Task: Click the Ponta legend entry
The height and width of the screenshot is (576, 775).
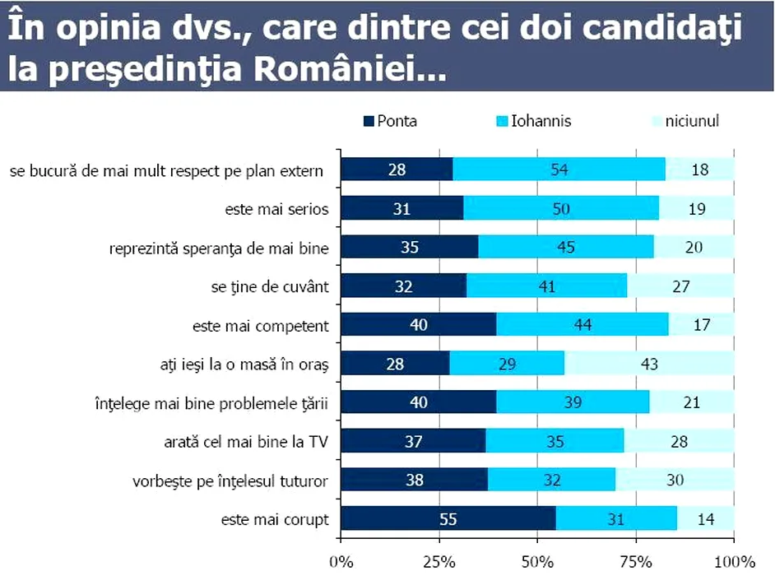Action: click(x=390, y=122)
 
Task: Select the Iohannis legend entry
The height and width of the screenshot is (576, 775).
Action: click(x=533, y=122)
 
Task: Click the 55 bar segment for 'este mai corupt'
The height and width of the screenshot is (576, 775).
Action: click(x=448, y=519)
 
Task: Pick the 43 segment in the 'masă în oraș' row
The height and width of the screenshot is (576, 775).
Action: click(x=649, y=364)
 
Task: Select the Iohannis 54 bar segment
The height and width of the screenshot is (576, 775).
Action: click(x=559, y=170)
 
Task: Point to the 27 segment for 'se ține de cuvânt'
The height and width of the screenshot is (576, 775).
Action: click(x=680, y=286)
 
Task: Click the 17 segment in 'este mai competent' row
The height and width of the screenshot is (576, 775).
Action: click(x=701, y=325)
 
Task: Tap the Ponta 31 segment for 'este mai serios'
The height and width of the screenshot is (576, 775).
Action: click(x=401, y=209)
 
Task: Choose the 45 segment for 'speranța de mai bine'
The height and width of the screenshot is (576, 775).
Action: click(x=565, y=248)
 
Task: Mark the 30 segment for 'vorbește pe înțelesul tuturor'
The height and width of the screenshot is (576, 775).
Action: click(x=675, y=481)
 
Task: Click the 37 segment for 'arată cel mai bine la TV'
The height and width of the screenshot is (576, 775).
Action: click(x=413, y=442)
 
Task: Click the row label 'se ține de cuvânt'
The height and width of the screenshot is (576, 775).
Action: click(x=270, y=287)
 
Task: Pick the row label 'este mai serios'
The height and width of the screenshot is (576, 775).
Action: click(x=276, y=210)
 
